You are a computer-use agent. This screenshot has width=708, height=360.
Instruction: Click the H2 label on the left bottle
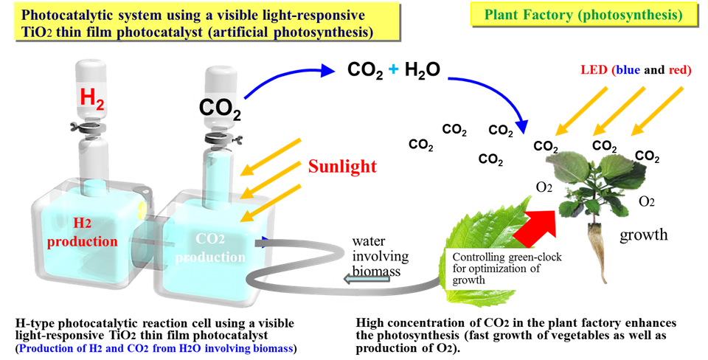click(x=92, y=96)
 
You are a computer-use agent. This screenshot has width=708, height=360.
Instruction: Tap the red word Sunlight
click(x=342, y=166)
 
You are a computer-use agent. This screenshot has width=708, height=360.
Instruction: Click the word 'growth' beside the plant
click(x=643, y=235)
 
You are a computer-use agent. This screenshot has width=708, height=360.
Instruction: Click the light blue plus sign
click(x=393, y=69)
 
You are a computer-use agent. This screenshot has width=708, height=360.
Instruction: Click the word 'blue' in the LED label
click(x=628, y=70)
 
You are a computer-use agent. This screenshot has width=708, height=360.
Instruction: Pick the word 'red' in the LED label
click(x=679, y=70)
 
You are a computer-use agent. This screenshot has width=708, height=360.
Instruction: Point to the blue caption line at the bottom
click(x=156, y=347)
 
